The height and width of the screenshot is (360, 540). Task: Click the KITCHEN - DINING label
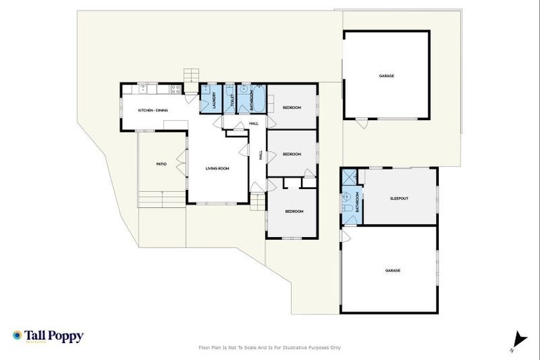point(153,111)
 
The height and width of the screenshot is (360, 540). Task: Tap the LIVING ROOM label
point(217,169)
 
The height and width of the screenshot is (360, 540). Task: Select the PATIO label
point(161,164)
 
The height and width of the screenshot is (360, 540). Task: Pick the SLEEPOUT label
point(399,198)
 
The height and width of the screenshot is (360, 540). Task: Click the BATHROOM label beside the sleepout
point(357,201)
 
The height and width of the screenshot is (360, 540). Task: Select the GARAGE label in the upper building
point(386,75)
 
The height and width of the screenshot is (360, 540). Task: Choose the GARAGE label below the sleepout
point(392,271)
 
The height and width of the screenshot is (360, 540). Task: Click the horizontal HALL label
point(253,124)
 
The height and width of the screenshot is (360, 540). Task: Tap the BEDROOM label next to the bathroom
point(292,108)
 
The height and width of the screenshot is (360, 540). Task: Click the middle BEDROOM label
point(292,154)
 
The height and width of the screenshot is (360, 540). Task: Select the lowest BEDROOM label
point(293,212)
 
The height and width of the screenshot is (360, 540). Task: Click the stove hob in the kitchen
point(174,89)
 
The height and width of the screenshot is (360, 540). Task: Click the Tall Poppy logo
point(48,336)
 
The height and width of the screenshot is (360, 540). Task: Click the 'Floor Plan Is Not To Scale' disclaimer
point(270,347)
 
